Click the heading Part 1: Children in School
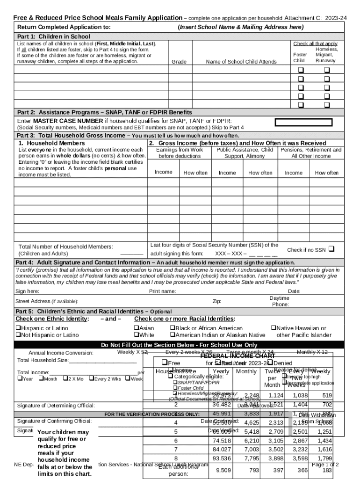53,36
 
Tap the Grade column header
179,62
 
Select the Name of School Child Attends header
241,62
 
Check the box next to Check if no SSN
331,249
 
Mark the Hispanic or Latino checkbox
18,328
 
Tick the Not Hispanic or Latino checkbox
18,335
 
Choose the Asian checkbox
137,328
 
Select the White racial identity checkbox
137,335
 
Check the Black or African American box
172,328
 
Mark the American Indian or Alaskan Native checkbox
172,335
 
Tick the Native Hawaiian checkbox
274,328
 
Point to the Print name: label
162,291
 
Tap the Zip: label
217,301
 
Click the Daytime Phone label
280,301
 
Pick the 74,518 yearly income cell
222,441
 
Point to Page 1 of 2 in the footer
325,464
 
